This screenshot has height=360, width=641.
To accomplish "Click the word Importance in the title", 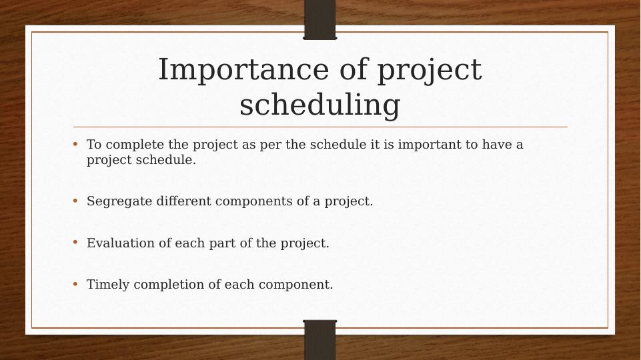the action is (243, 69).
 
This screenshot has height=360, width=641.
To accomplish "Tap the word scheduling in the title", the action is (319, 105).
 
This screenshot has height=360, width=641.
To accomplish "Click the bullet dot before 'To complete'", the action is (75, 144).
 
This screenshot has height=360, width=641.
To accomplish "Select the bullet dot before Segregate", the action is (75, 201).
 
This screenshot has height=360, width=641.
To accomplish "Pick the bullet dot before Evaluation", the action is (75, 242).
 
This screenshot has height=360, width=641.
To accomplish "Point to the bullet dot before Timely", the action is (75, 283).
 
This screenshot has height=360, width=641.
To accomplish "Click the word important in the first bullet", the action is (430, 145).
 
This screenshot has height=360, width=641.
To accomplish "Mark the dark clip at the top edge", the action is (320, 19).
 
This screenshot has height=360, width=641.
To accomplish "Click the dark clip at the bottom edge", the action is (320, 340).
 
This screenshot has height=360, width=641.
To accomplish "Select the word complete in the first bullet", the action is (135, 145).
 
